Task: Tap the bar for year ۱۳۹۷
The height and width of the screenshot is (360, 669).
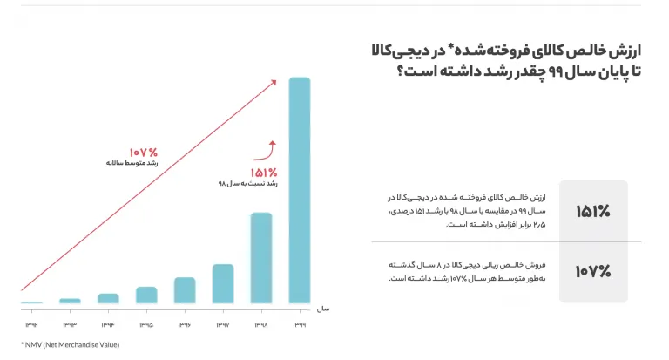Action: point(223,283)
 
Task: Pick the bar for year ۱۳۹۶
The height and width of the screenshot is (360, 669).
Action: point(185,290)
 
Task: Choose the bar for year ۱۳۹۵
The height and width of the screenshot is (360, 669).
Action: point(146,295)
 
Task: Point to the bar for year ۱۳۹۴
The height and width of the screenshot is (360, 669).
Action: point(108,298)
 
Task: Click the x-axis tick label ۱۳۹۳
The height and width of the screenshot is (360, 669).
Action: point(70,324)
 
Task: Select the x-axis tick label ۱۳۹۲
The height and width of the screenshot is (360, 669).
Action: point(31,324)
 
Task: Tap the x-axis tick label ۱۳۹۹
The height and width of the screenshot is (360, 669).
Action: point(299,324)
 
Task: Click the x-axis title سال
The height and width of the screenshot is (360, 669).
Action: point(323,309)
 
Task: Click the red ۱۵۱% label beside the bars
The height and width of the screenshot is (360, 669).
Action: point(264,173)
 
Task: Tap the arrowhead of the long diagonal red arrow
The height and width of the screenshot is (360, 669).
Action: point(274,82)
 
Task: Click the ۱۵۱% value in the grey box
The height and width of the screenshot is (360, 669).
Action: point(593,211)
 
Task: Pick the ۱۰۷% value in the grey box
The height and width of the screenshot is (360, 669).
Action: point(593,271)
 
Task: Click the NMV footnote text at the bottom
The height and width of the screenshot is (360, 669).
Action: point(70,344)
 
